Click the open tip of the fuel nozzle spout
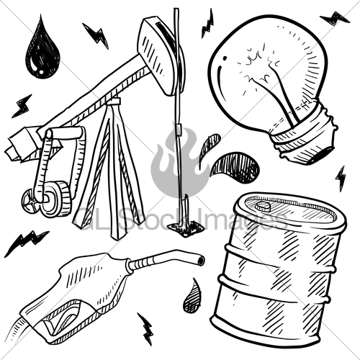[199, 258]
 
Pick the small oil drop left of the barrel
[192, 297]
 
